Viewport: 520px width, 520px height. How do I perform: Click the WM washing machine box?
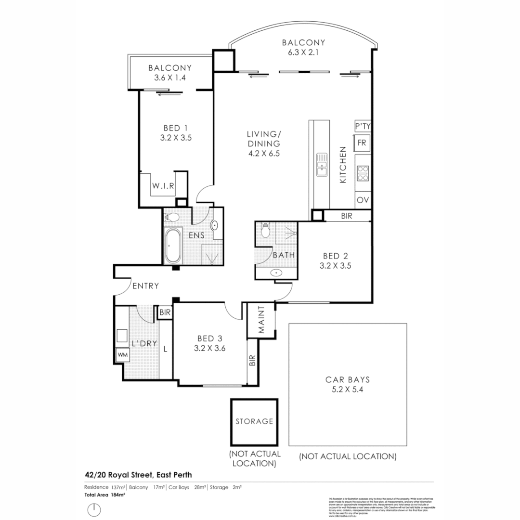pos(122,355)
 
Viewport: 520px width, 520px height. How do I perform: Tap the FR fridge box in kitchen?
pos(362,143)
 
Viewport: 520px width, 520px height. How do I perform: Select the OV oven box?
pos(362,200)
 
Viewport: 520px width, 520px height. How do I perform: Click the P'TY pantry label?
pos(363,126)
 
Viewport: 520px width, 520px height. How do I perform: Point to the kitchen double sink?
pos(322,165)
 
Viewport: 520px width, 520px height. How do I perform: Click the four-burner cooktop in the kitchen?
pos(363,173)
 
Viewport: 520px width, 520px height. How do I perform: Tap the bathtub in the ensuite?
pos(172,246)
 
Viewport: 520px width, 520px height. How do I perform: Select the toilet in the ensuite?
pos(171,218)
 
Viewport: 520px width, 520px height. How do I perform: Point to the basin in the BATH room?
pos(276,273)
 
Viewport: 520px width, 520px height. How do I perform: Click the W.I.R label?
pos(163,185)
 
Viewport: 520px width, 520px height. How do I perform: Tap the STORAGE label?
pos(254,421)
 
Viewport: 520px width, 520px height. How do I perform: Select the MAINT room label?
pos(261,320)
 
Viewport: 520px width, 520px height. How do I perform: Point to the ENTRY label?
pos(145,286)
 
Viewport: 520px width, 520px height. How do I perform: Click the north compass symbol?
pos(94,509)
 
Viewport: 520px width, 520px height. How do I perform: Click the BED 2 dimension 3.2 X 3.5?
pos(332,266)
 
